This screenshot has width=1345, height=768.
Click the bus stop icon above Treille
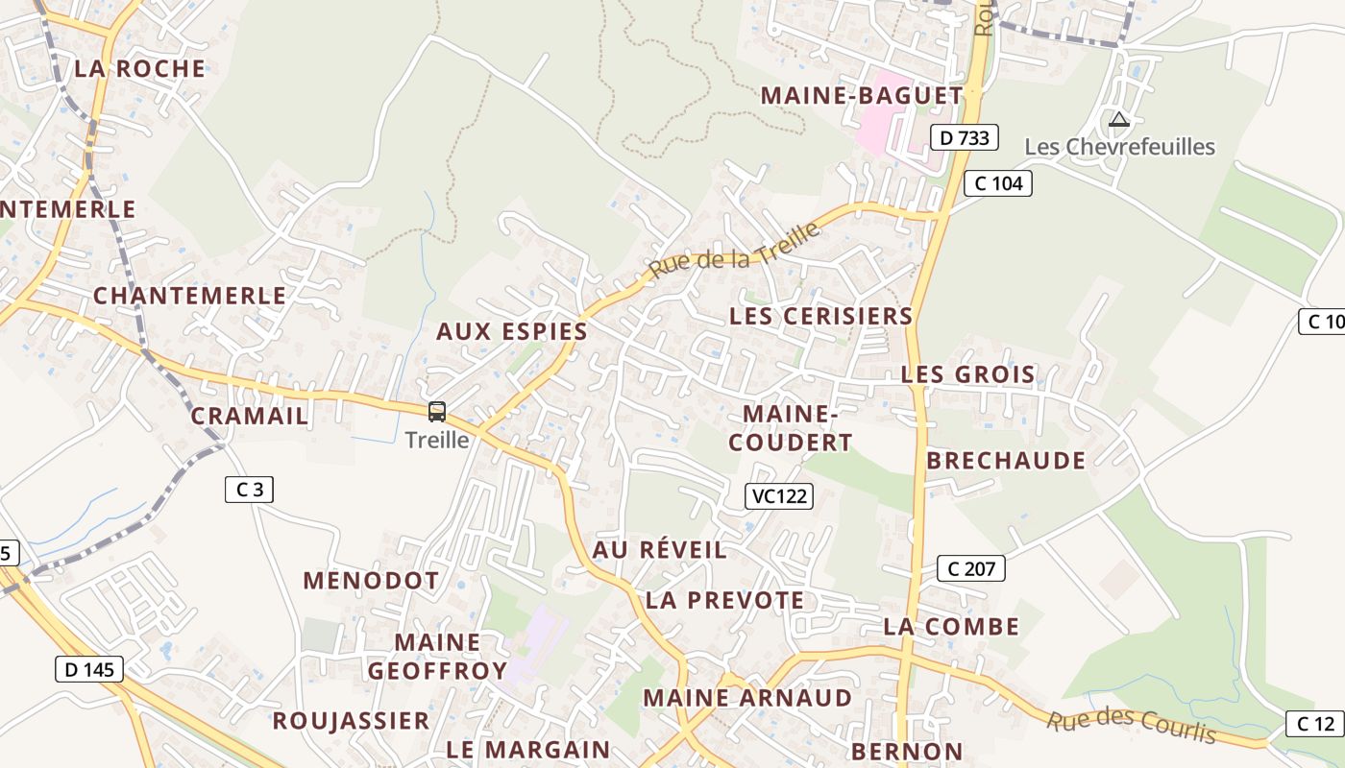(x=437, y=412)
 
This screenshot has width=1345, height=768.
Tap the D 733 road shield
(x=965, y=138)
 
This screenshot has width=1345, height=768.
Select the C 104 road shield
(x=998, y=183)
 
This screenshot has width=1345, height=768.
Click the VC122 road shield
(x=779, y=496)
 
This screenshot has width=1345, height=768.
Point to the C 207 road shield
(x=971, y=568)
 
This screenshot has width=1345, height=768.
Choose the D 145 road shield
(x=90, y=669)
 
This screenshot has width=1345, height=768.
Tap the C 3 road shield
(x=249, y=490)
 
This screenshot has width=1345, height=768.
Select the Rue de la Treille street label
(x=735, y=250)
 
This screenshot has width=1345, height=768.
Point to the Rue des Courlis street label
(x=1131, y=727)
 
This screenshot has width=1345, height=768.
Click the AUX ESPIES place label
(x=512, y=332)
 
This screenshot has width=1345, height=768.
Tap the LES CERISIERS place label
(x=820, y=316)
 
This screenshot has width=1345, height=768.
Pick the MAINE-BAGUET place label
(x=862, y=96)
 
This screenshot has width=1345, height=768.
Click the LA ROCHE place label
(x=140, y=69)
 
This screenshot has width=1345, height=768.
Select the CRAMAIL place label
(x=250, y=417)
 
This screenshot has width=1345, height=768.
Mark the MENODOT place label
(x=371, y=581)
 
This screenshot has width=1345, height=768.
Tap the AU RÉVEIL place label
(x=660, y=550)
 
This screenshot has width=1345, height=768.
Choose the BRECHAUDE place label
(x=1006, y=461)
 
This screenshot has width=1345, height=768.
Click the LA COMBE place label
(x=951, y=627)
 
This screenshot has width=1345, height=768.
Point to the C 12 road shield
(x=1315, y=724)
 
